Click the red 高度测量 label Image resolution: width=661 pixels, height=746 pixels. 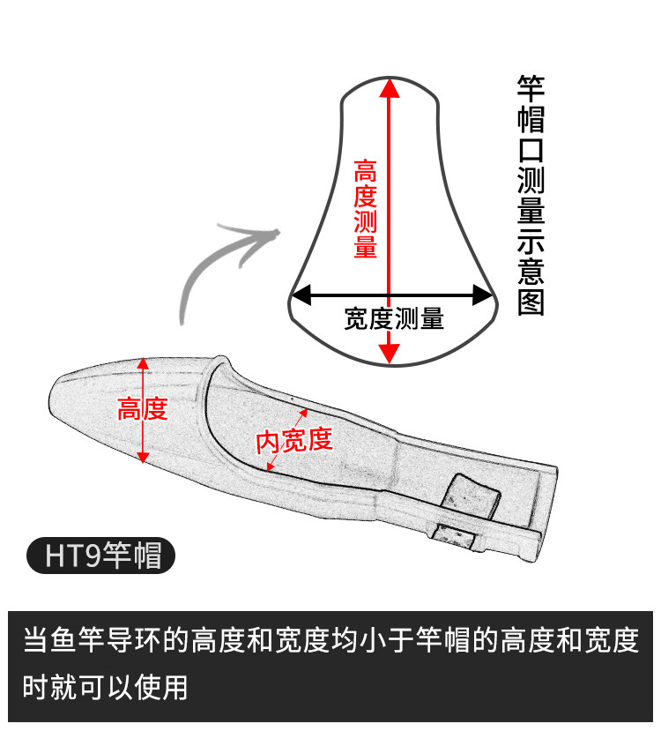(x=366, y=208)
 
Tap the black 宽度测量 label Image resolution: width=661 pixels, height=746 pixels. (x=393, y=318)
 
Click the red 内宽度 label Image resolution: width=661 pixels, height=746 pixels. (x=294, y=439)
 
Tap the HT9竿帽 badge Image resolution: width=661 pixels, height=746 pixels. (x=100, y=556)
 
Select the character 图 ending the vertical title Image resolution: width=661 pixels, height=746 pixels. (x=531, y=302)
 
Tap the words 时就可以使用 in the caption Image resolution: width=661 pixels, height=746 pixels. (x=106, y=686)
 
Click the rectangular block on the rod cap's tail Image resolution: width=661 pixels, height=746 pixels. (x=469, y=495)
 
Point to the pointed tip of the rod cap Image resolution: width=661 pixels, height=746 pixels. (x=55, y=392)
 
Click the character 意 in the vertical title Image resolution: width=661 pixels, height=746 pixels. (x=531, y=272)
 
